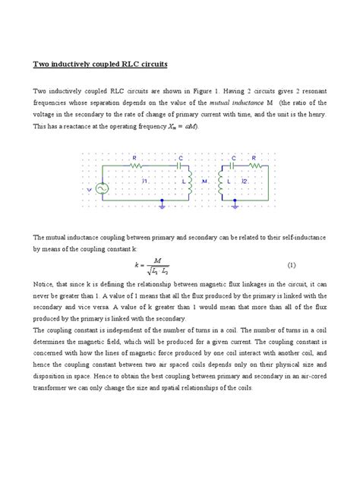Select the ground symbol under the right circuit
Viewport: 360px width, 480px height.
(236, 204)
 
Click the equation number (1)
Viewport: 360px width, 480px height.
(290, 265)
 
